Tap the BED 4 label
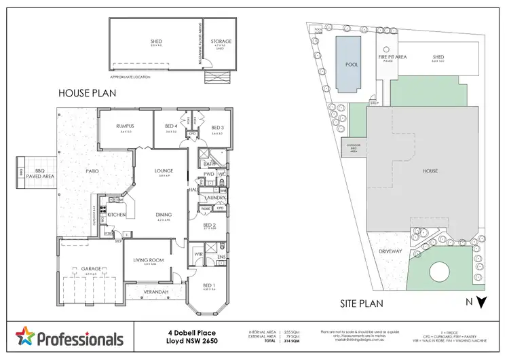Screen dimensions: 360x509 coord(170,126)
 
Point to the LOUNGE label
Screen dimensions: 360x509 coord(163,170)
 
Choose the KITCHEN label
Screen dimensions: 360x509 coord(117,214)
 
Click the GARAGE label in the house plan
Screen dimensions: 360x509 coord(92,269)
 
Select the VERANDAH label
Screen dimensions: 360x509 coord(154,293)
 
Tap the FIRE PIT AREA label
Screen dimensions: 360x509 coord(394,58)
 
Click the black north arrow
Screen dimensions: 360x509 coord(481,302)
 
